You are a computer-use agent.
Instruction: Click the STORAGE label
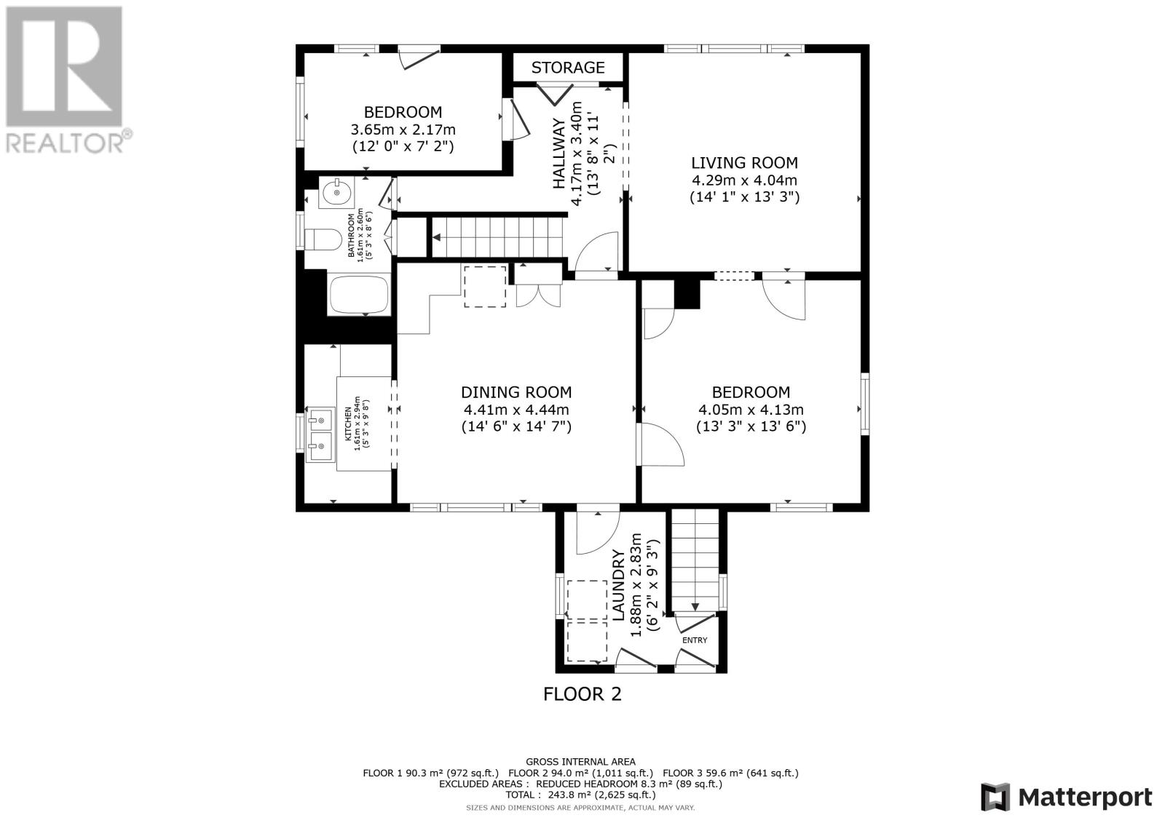(x=567, y=68)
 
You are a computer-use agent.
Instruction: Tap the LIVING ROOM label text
(x=744, y=163)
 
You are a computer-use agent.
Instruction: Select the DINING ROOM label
(x=516, y=392)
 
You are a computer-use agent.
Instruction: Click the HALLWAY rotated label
(x=559, y=154)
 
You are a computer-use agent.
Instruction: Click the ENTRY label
(x=694, y=640)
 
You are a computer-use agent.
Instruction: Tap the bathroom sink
(x=336, y=194)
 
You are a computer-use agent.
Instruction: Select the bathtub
(x=359, y=295)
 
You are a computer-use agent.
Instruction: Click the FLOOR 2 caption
(x=582, y=694)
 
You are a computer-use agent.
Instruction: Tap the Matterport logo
(x=1066, y=797)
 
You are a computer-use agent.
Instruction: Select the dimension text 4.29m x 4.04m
(x=744, y=180)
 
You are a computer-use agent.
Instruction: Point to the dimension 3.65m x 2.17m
(x=403, y=130)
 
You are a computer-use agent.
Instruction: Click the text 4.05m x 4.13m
(x=751, y=410)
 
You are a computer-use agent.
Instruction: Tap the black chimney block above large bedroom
(x=687, y=294)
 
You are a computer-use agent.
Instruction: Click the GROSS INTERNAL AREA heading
(x=580, y=762)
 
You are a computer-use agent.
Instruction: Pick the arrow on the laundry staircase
(x=695, y=606)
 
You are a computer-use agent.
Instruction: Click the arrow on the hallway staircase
(x=438, y=237)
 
